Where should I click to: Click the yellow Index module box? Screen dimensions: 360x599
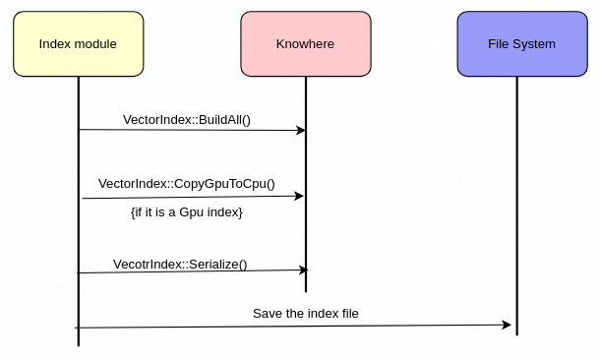tap(79, 44)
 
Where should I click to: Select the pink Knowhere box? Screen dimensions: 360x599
tap(305, 44)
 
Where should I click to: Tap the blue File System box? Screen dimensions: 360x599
tap(521, 44)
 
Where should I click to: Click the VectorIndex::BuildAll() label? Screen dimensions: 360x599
tap(187, 120)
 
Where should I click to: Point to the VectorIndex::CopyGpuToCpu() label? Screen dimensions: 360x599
tap(186, 184)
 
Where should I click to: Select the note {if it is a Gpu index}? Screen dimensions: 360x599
tap(186, 211)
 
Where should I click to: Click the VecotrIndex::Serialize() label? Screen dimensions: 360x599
tap(180, 264)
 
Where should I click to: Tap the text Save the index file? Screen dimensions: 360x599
tap(306, 314)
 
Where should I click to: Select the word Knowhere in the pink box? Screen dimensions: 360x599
tap(305, 44)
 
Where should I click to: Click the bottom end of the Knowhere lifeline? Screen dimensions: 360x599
tap(306, 291)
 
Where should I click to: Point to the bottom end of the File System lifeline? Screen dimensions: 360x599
tap(516, 334)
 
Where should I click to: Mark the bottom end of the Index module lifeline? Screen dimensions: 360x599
tap(79, 345)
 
